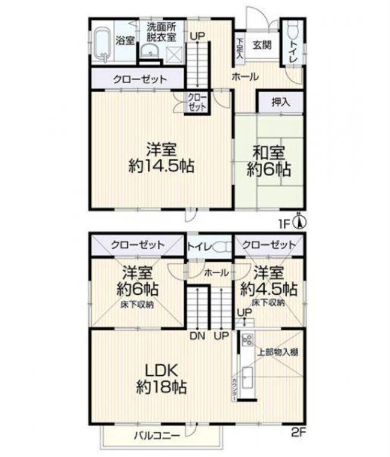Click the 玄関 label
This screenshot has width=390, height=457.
point(262,44)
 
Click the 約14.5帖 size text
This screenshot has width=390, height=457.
point(161,166)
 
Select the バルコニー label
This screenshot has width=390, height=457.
point(153,433)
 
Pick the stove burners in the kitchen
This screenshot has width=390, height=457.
point(246,341)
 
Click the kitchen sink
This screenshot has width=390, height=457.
point(248,379)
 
